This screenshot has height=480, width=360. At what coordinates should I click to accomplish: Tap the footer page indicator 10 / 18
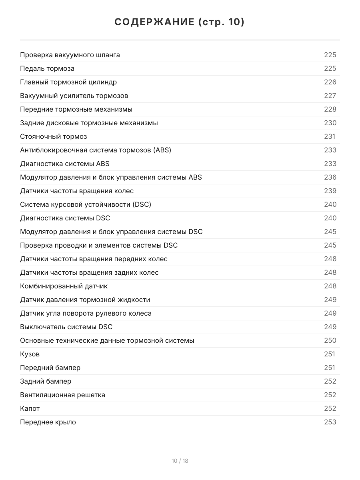pyautogui.click(x=180, y=461)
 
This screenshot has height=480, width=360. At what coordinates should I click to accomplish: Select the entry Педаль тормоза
pyautogui.click(x=47, y=68)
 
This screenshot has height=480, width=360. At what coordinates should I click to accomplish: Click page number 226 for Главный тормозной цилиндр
pyautogui.click(x=330, y=82)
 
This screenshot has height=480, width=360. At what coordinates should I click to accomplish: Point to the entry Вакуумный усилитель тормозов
pyautogui.click(x=74, y=96)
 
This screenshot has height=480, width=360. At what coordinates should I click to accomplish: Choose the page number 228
pyautogui.click(x=330, y=109)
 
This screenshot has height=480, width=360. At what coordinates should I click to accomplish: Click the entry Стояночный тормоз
pyautogui.click(x=53, y=136)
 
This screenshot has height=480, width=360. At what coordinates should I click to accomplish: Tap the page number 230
pyautogui.click(x=330, y=123)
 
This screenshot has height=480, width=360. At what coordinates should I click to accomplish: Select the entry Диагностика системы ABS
pyautogui.click(x=64, y=164)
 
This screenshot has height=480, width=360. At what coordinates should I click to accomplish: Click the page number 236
pyautogui.click(x=330, y=177)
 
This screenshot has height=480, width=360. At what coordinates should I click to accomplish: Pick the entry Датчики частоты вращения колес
pyautogui.click(x=77, y=191)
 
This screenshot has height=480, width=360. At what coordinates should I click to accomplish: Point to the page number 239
pyautogui.click(x=330, y=191)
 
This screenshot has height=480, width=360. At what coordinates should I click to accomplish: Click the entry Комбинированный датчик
pyautogui.click(x=64, y=286)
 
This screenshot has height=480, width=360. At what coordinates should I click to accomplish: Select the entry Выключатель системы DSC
pyautogui.click(x=66, y=327)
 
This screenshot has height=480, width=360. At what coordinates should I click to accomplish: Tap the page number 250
pyautogui.click(x=330, y=340)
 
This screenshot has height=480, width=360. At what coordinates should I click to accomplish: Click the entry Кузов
pyautogui.click(x=30, y=354)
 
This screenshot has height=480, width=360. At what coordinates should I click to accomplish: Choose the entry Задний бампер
pyautogui.click(x=46, y=381)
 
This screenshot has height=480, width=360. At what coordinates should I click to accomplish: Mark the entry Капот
pyautogui.click(x=30, y=408)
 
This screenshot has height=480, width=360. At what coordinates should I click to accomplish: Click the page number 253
pyautogui.click(x=330, y=422)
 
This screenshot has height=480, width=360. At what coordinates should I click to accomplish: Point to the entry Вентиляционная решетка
pyautogui.click(x=62, y=395)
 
